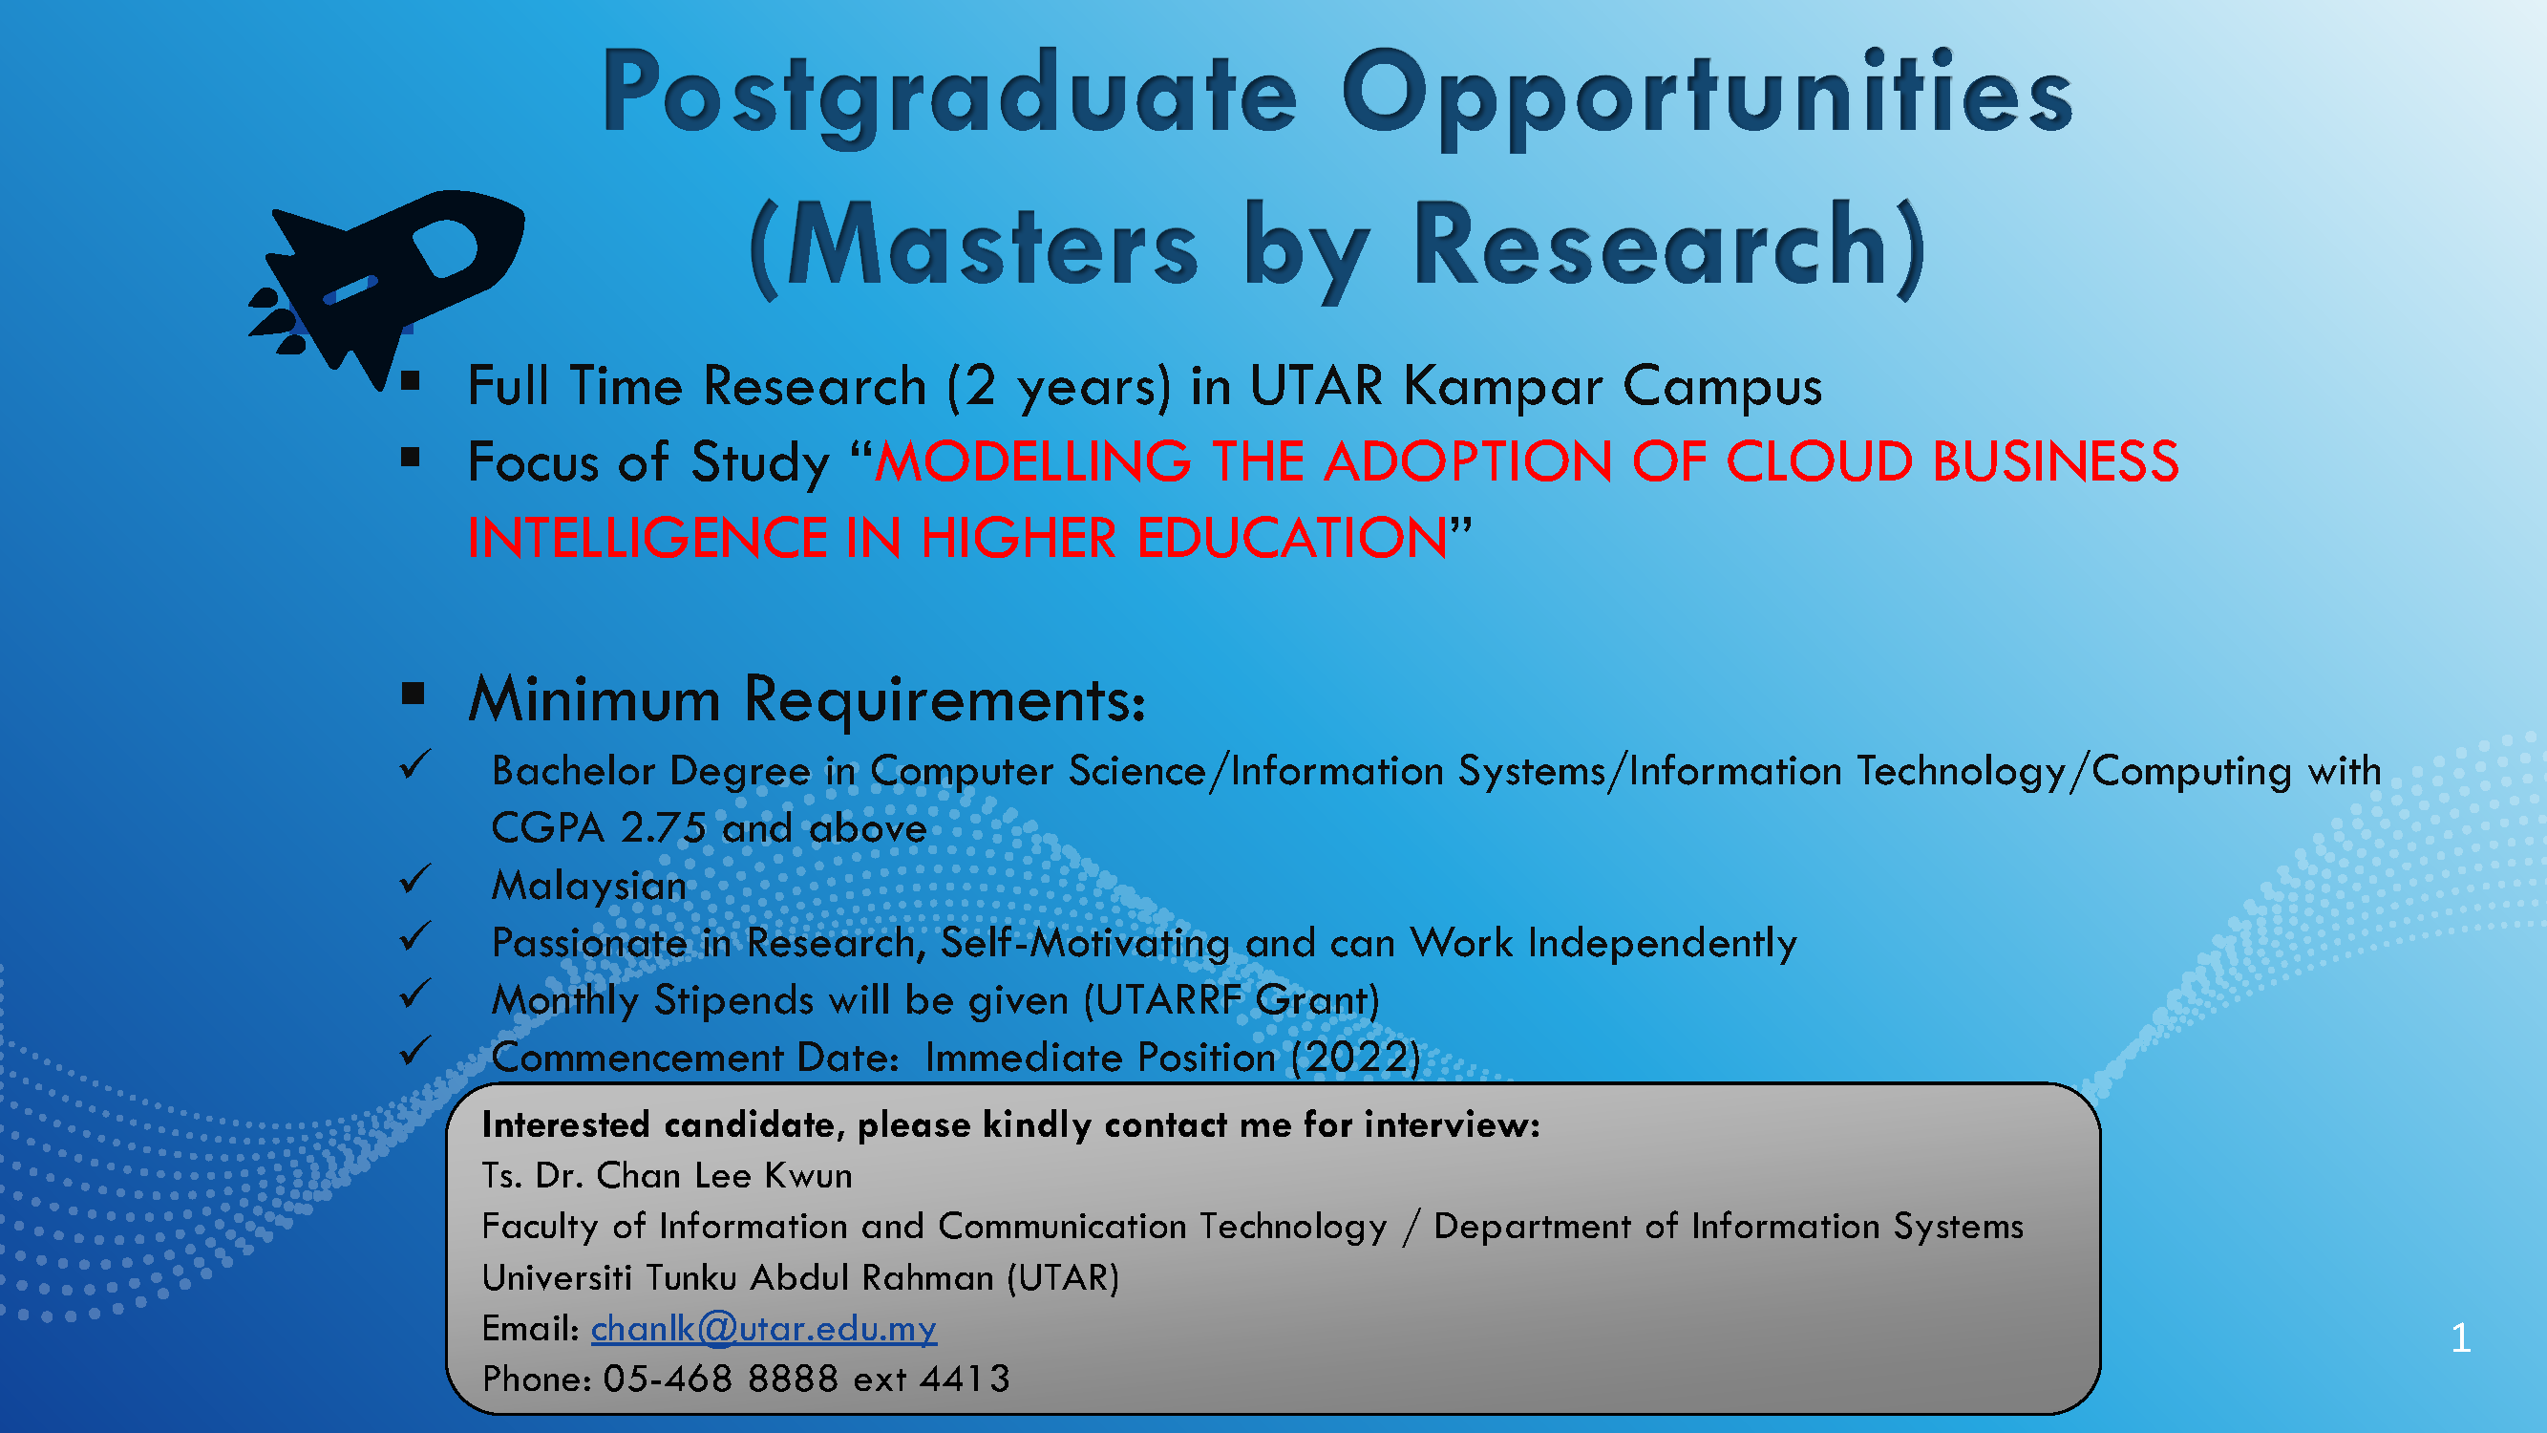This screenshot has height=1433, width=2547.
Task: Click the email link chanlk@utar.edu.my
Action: point(763,1328)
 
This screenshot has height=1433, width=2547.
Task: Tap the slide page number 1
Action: point(2461,1338)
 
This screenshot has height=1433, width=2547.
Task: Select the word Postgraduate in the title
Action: point(949,94)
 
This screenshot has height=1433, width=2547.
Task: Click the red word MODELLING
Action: point(1033,461)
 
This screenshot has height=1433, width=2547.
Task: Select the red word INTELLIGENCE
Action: point(647,538)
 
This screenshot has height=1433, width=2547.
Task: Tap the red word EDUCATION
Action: point(1293,538)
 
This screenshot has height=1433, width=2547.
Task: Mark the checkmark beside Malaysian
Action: point(415,878)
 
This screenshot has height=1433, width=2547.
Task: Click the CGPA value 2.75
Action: point(664,828)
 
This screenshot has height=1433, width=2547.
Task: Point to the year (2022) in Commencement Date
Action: point(1356,1059)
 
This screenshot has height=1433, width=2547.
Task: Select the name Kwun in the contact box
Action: point(809,1176)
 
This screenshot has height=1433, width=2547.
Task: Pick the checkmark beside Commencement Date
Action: point(415,1050)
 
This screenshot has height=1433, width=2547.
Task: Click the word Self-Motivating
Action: point(1086,944)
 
